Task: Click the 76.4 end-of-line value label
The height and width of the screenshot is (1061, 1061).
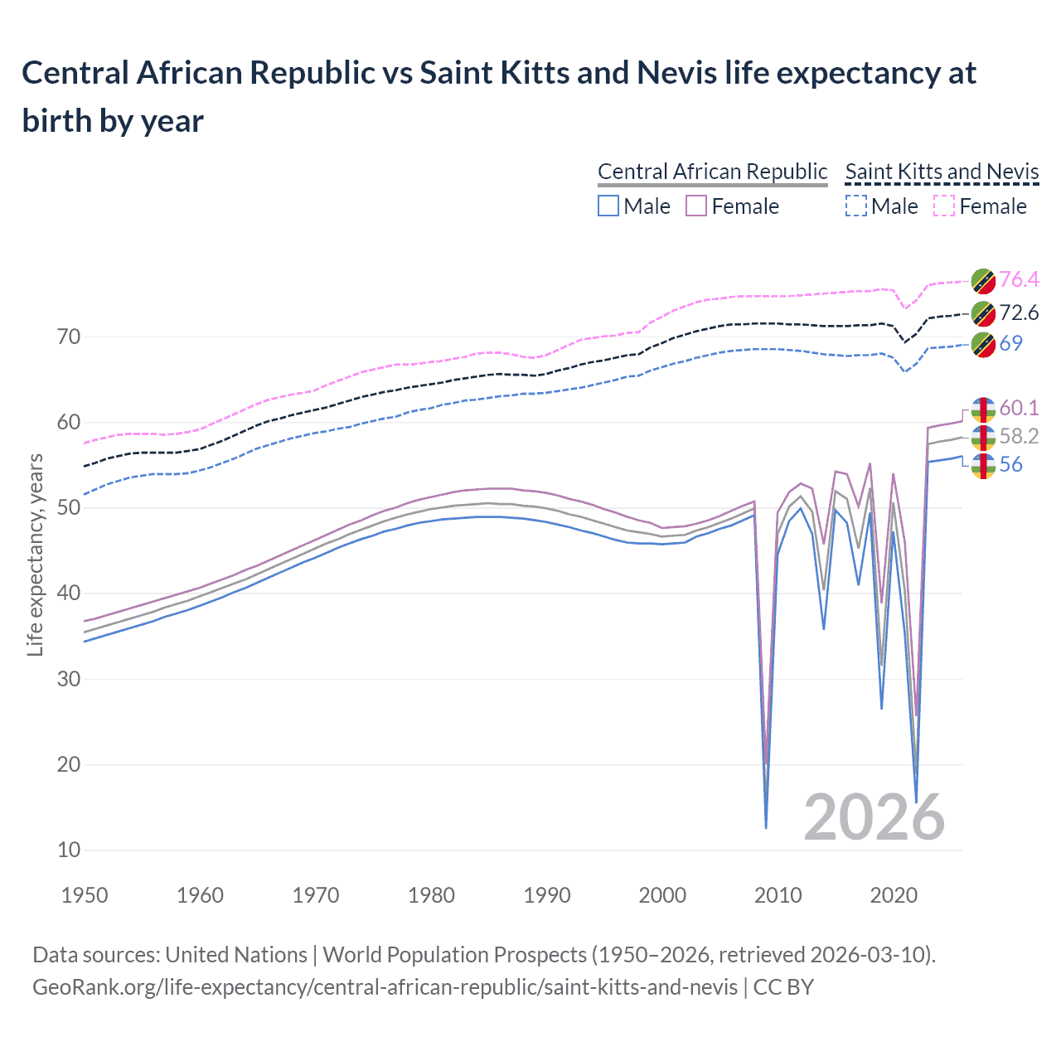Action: (1019, 280)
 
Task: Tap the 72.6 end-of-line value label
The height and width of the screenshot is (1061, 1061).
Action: (1019, 313)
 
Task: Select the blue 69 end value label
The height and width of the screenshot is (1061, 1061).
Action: (1010, 343)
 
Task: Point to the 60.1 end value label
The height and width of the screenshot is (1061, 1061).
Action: (1019, 408)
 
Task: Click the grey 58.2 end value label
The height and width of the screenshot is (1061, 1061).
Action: (1019, 437)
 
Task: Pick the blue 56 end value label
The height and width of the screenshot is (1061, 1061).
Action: (1010, 465)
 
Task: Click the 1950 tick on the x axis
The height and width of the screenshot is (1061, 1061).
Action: (85, 895)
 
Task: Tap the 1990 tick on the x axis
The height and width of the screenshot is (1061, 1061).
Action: (547, 895)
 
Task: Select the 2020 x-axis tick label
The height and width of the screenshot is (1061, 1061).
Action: (894, 895)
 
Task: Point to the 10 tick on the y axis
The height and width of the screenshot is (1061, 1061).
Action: (69, 850)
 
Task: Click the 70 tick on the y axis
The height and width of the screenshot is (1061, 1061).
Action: (69, 337)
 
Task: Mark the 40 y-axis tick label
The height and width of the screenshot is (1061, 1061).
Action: (69, 593)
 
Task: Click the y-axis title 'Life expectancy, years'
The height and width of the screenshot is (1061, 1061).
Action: (36, 555)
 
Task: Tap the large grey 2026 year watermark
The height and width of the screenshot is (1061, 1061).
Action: (874, 817)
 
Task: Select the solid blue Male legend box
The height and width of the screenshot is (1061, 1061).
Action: (608, 206)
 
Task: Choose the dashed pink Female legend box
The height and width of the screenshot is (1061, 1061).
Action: (944, 206)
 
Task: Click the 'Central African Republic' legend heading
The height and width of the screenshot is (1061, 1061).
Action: (712, 172)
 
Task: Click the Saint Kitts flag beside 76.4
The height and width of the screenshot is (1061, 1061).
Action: (983, 281)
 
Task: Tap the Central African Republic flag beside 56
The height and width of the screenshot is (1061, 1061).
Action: (983, 466)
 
